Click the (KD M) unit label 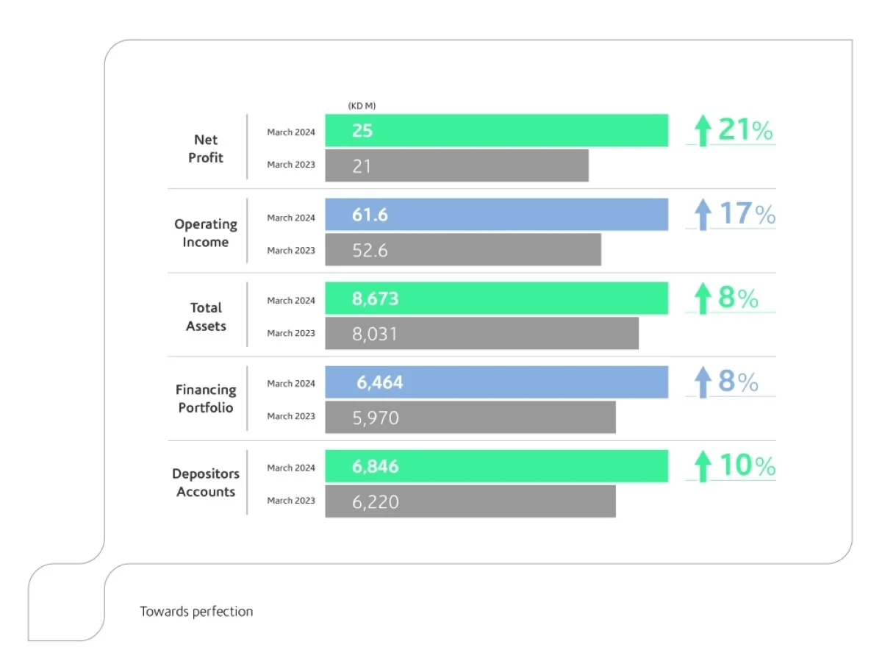point(362,107)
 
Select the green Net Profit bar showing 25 point(496,131)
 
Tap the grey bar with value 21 point(456,165)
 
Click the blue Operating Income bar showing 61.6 point(496,215)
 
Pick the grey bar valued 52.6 point(463,250)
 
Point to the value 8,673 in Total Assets point(375,299)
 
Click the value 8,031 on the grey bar point(375,334)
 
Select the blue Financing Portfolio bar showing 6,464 point(496,382)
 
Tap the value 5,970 point(375,418)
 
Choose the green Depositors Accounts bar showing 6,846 point(496,466)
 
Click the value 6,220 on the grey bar point(375,502)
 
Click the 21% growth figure point(745,131)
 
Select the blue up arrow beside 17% point(703,215)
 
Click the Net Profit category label point(206,149)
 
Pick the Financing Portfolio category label point(206,398)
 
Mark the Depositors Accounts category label point(206,483)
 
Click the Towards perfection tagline point(196,612)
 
